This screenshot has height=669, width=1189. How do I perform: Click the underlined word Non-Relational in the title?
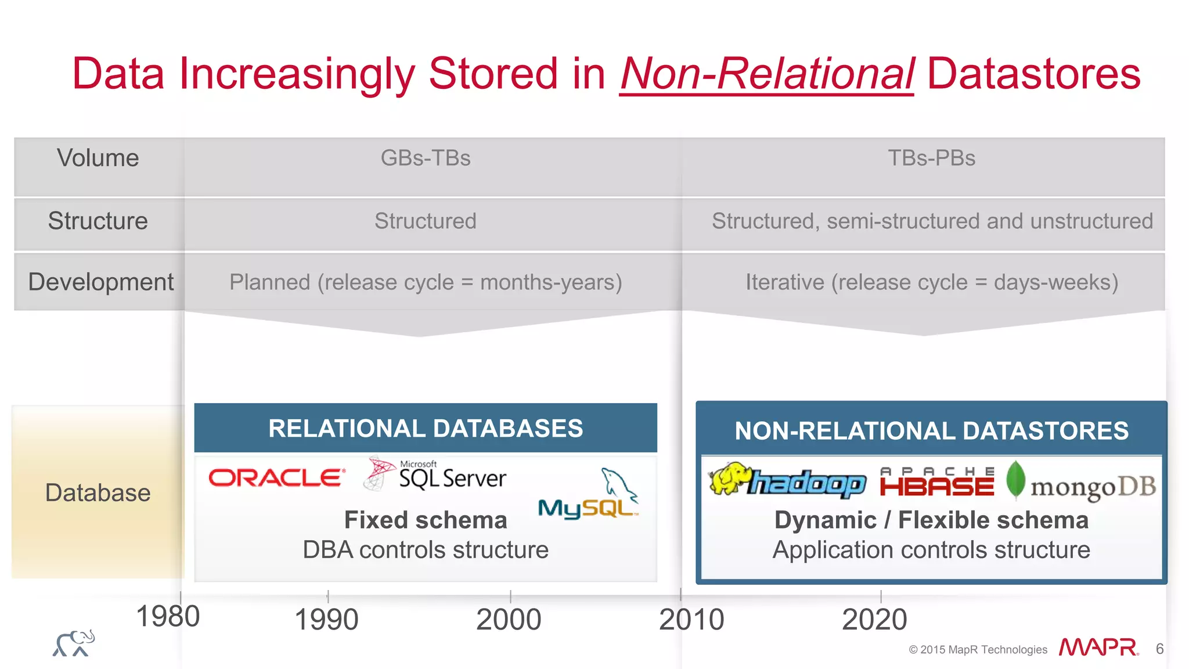click(766, 74)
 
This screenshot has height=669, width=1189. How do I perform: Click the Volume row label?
click(98, 158)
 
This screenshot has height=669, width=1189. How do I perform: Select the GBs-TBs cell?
click(426, 158)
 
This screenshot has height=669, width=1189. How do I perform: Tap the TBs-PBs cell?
click(931, 158)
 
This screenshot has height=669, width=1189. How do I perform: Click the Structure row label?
click(98, 221)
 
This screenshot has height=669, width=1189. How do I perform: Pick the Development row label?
click(100, 282)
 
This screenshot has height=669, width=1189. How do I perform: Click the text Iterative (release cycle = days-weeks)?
click(931, 282)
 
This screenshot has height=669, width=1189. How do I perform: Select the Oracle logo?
click(277, 478)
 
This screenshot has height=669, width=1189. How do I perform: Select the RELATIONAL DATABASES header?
click(426, 429)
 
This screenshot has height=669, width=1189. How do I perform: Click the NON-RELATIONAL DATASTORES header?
click(931, 431)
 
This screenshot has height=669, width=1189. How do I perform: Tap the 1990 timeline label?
click(326, 620)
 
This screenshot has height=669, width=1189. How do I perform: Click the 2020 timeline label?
click(874, 620)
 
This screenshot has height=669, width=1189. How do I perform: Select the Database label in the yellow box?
click(98, 492)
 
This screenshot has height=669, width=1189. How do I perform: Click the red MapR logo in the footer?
click(1097, 648)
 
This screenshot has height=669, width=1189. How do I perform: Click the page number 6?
click(1159, 649)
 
